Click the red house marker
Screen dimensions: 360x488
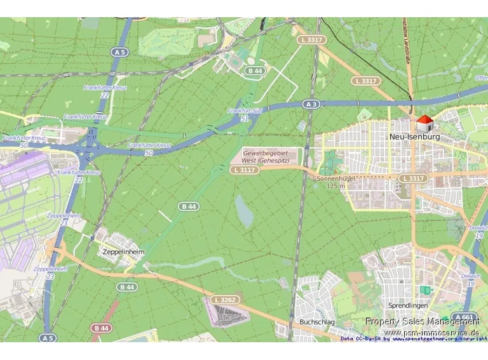pyautogui.click(x=424, y=121)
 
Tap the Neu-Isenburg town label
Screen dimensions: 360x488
pyautogui.click(x=414, y=137)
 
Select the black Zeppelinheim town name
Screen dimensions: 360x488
pyautogui.click(x=123, y=251)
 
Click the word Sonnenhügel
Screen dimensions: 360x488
pyautogui.click(x=335, y=179)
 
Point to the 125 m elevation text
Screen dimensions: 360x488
pyautogui.click(x=335, y=186)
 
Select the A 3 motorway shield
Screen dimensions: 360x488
pyautogui.click(x=310, y=103)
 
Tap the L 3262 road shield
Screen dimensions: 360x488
pyautogui.click(x=225, y=299)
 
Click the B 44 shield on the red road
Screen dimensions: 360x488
pyautogui.click(x=100, y=328)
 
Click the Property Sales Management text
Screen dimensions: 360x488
pyautogui.click(x=422, y=321)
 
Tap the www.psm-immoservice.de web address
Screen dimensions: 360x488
pyautogui.click(x=431, y=332)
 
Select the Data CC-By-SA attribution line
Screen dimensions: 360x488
pyautogui.click(x=414, y=339)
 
